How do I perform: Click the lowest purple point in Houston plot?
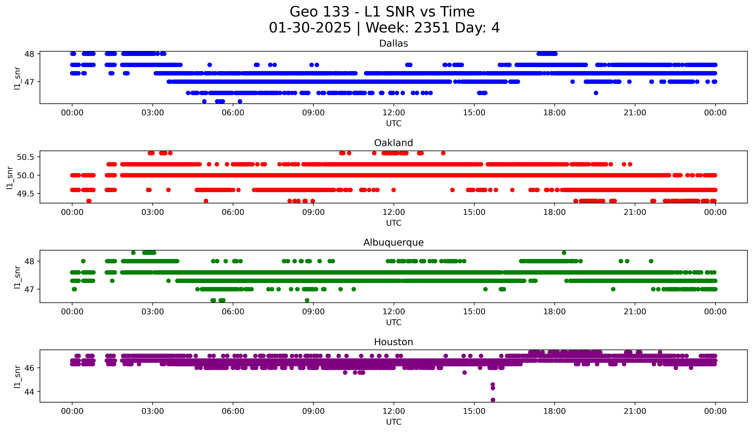(493, 400)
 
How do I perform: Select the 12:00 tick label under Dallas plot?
(394, 113)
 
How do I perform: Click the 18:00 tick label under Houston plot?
(555, 411)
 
